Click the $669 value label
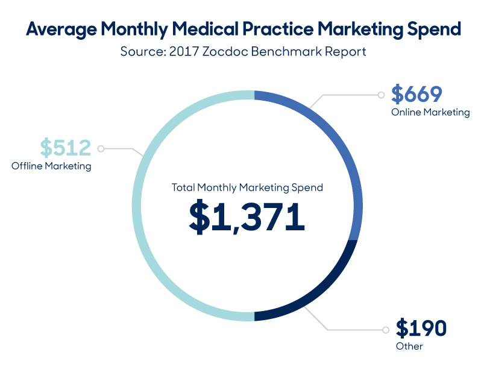(416, 94)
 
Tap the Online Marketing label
(430, 112)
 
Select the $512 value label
(65, 147)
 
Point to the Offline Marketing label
(51, 166)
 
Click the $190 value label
(421, 329)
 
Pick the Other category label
(409, 346)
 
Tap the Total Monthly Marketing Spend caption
(247, 187)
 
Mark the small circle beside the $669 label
(380, 95)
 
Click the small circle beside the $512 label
(101, 148)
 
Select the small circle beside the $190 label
(385, 330)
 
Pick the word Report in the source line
(344, 51)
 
